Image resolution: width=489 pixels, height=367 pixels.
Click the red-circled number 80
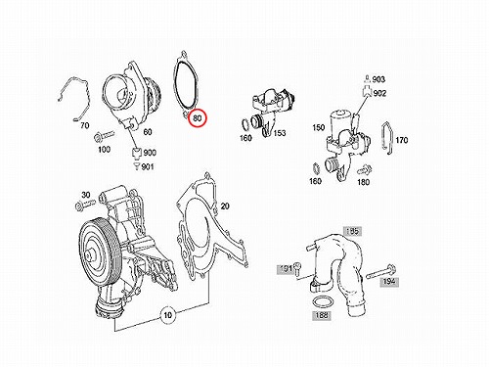click(198, 117)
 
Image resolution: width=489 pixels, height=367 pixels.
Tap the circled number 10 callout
click(167, 315)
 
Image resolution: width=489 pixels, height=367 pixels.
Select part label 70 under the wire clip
click(84, 125)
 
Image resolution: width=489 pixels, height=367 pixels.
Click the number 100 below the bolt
click(104, 150)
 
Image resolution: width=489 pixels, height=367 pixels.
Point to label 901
click(148, 167)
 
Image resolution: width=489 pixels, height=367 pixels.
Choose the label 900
click(150, 153)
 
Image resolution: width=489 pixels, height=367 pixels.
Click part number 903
click(378, 79)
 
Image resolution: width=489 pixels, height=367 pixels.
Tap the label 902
click(379, 93)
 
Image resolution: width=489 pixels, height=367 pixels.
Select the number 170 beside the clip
click(402, 140)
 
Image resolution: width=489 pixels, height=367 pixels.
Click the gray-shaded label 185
click(352, 231)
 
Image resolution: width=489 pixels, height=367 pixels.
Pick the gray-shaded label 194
click(389, 281)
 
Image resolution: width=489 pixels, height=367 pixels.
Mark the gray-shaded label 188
click(322, 315)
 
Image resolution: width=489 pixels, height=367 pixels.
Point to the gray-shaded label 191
click(286, 269)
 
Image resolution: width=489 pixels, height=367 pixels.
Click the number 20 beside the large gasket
click(225, 206)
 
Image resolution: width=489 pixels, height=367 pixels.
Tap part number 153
click(280, 133)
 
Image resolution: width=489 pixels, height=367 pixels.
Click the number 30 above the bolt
click(85, 195)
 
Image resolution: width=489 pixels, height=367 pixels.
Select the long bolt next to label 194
click(380, 273)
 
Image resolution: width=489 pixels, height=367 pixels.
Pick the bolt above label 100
click(104, 136)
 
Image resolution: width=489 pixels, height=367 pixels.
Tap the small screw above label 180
click(365, 170)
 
